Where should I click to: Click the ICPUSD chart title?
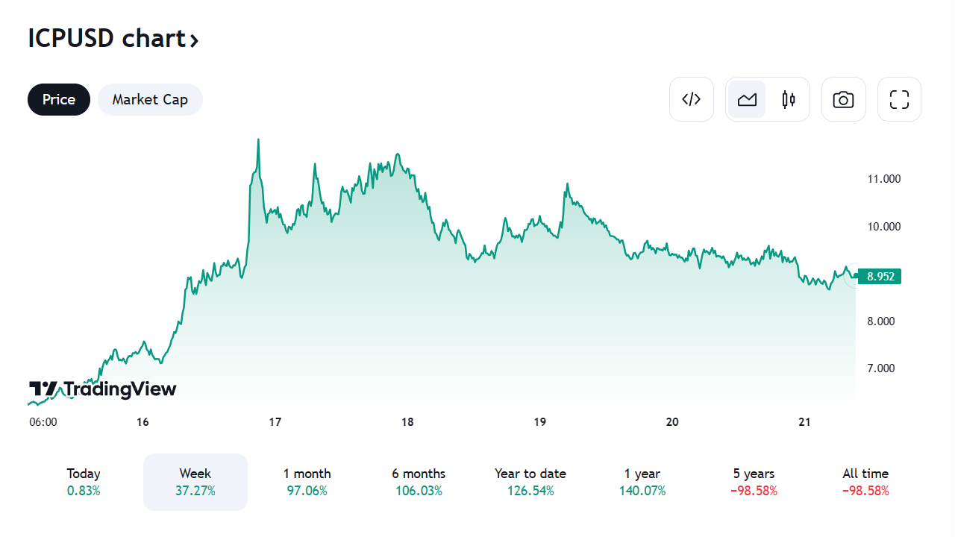tap(113, 38)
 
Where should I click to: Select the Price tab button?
tap(59, 99)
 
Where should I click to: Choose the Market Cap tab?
tap(150, 99)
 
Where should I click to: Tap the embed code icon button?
tap(692, 99)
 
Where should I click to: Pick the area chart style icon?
tap(747, 99)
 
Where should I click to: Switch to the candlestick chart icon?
tap(789, 99)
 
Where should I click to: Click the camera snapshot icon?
tap(843, 99)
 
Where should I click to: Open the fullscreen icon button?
tap(899, 99)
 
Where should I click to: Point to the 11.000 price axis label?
tap(883, 179)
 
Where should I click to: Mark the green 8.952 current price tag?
tap(880, 277)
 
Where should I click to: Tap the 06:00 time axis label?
tap(43, 422)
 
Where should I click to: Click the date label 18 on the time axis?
tap(407, 422)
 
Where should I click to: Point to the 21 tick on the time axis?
tap(804, 422)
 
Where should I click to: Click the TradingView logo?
tap(103, 389)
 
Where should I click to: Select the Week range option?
tap(195, 482)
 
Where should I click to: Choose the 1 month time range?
tap(307, 482)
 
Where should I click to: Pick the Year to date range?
tap(530, 482)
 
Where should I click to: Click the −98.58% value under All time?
tap(865, 491)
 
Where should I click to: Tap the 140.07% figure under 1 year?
tap(642, 491)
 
